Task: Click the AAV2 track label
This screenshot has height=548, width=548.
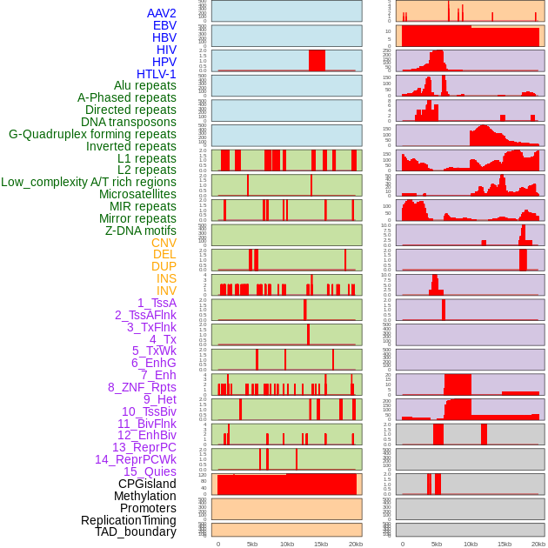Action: tap(162, 14)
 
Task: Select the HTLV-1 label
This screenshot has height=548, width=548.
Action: tap(157, 74)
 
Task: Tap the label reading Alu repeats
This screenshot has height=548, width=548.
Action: tap(145, 86)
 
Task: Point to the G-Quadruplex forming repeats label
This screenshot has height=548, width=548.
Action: tap(92, 134)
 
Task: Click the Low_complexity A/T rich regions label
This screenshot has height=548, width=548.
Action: tap(89, 182)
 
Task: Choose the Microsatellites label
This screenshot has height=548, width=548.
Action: tap(137, 194)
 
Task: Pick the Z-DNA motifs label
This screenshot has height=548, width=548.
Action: tap(141, 231)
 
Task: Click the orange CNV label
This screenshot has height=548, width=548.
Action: tap(164, 243)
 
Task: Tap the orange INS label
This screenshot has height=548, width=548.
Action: tap(166, 278)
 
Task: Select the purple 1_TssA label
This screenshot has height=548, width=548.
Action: tap(157, 303)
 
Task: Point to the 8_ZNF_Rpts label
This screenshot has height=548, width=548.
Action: tap(142, 387)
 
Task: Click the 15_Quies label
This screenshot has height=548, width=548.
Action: tap(150, 471)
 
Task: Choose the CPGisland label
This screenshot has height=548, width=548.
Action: tap(147, 484)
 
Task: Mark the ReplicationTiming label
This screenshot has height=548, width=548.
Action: tap(128, 520)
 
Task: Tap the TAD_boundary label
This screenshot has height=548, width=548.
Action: tap(136, 531)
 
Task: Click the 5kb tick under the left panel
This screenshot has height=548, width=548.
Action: tap(252, 544)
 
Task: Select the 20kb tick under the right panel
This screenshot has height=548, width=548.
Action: tap(538, 544)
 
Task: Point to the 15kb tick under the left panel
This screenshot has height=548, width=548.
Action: tap(321, 544)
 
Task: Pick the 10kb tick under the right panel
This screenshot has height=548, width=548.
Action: tap(470, 544)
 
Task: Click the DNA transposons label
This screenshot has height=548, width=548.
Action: tap(129, 122)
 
